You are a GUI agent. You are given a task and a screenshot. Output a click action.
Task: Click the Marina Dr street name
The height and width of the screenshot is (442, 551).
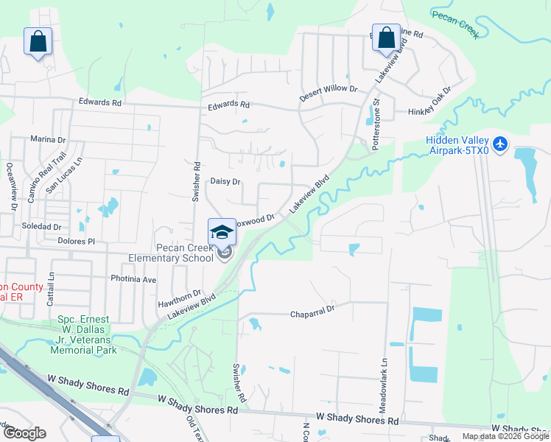coord(49,138)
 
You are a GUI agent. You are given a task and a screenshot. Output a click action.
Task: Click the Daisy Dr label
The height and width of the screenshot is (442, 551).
coord(225,180)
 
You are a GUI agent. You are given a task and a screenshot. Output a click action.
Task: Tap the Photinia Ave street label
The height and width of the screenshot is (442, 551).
coord(133,279)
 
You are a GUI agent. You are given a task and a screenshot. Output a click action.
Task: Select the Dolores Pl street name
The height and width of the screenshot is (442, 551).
coord(77,240)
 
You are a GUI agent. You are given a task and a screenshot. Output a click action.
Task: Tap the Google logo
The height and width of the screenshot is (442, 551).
coord(24,433)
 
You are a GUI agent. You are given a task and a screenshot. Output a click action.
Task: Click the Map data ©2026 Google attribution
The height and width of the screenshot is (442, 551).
coord(505,436)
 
